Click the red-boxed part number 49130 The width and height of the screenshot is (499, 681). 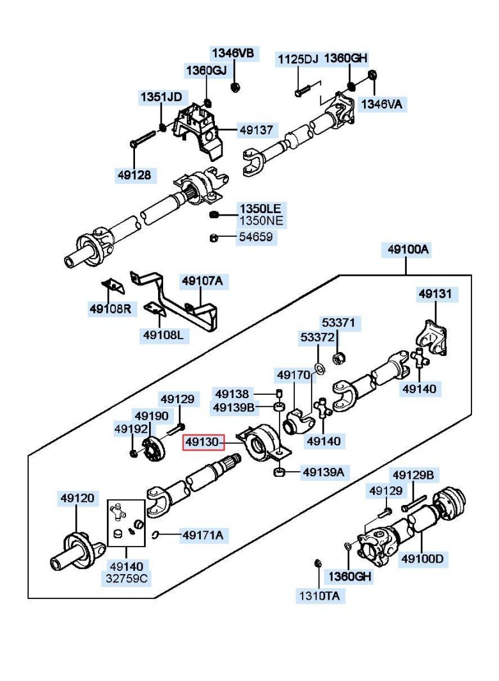click(x=203, y=442)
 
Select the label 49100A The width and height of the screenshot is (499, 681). click(x=408, y=250)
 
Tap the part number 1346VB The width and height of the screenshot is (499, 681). click(x=233, y=53)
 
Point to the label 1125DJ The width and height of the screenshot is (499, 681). click(x=297, y=60)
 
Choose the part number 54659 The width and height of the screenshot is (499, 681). click(x=256, y=237)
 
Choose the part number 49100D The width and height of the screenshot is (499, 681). click(x=422, y=559)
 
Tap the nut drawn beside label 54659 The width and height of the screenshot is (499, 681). click(x=214, y=238)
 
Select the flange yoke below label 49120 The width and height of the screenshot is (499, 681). click(x=77, y=551)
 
